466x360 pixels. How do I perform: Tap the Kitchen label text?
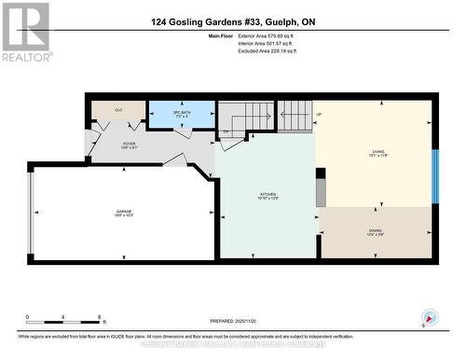click(x=268, y=197)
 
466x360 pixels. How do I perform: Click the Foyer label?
click(x=130, y=145)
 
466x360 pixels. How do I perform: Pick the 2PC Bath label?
click(x=183, y=115)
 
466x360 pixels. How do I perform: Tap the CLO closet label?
click(x=118, y=110)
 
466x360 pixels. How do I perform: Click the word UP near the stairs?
click(x=319, y=115)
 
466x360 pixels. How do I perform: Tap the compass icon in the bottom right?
click(x=430, y=317)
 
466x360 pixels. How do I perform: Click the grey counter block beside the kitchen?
click(x=321, y=190)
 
